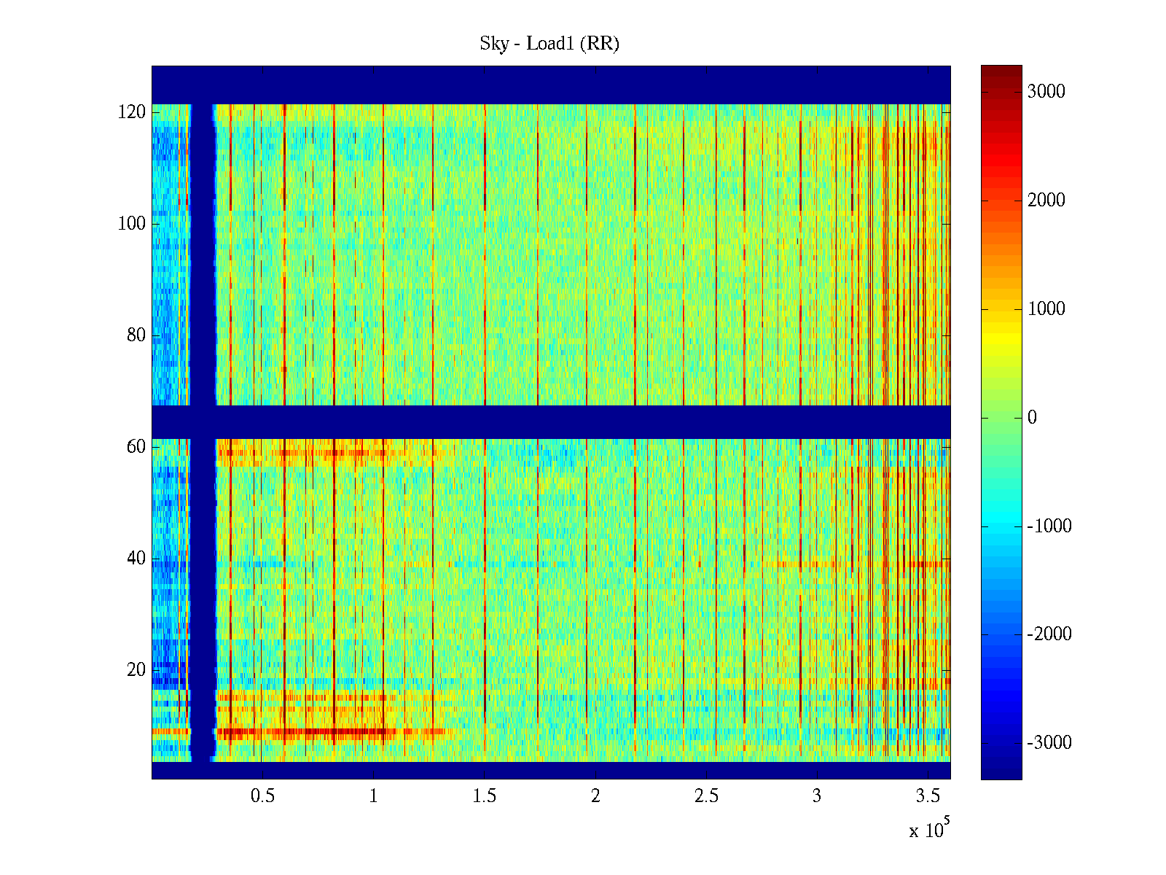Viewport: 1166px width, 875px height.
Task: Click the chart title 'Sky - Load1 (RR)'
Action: tap(549, 44)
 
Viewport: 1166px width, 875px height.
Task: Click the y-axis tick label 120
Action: tap(131, 112)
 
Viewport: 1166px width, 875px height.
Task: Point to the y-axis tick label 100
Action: tap(131, 224)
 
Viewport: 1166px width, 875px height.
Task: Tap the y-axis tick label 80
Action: tap(136, 335)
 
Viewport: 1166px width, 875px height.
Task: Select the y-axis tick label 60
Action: tap(136, 447)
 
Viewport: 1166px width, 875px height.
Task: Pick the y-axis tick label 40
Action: tap(136, 559)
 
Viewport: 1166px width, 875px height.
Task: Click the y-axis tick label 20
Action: tap(136, 670)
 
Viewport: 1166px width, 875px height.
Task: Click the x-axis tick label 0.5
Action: tap(262, 796)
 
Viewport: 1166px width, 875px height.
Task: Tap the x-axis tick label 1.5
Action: tap(485, 796)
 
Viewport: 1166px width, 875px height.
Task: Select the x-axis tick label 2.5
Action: tap(706, 796)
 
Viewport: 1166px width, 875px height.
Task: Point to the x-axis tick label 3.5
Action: tap(928, 796)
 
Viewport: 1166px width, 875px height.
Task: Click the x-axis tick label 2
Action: tap(595, 796)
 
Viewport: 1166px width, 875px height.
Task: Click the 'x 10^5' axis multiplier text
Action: tap(929, 828)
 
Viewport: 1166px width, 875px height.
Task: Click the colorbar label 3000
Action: tap(1046, 91)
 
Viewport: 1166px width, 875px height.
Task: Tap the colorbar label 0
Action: tap(1032, 418)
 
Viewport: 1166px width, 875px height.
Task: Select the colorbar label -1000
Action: tap(1049, 526)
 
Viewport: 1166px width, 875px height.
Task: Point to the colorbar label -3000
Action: tap(1049, 743)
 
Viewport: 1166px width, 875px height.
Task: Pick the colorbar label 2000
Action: tap(1046, 201)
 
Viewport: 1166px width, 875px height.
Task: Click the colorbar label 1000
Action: tap(1046, 308)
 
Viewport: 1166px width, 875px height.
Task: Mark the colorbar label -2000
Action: tap(1049, 634)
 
